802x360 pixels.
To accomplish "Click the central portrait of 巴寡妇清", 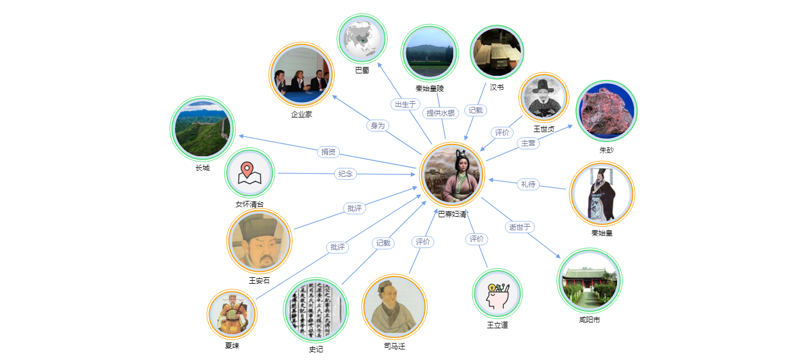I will pyautogui.click(x=452, y=174).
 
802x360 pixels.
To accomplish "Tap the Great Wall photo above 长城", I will pyautogui.click(x=202, y=129).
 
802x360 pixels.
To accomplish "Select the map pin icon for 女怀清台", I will pyautogui.click(x=249, y=173).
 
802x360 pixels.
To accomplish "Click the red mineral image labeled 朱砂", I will pyautogui.click(x=606, y=110).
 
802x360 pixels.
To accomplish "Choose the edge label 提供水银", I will pyautogui.click(x=441, y=113).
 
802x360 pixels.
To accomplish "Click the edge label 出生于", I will pyautogui.click(x=405, y=104).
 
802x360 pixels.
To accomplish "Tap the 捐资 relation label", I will pyautogui.click(x=329, y=152).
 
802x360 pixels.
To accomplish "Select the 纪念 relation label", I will pyautogui.click(x=346, y=174).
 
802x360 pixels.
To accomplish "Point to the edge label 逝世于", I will pyautogui.click(x=520, y=227).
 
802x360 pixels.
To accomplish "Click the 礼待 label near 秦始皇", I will pyautogui.click(x=528, y=184).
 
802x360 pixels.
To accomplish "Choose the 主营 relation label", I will pyautogui.click(x=528, y=143).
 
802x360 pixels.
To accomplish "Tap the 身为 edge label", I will pyautogui.click(x=378, y=125).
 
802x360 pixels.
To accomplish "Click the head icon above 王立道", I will pyautogui.click(x=497, y=293).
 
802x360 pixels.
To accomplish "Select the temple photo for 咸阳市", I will pyautogui.click(x=589, y=280).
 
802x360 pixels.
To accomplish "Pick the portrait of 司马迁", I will pyautogui.click(x=394, y=306).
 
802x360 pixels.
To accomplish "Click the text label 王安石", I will pyautogui.click(x=259, y=281).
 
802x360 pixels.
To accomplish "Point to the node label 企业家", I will pyautogui.click(x=301, y=115).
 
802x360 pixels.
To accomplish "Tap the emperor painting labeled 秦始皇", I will pyautogui.click(x=602, y=193).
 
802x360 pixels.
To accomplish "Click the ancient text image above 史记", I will pyautogui.click(x=316, y=309).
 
